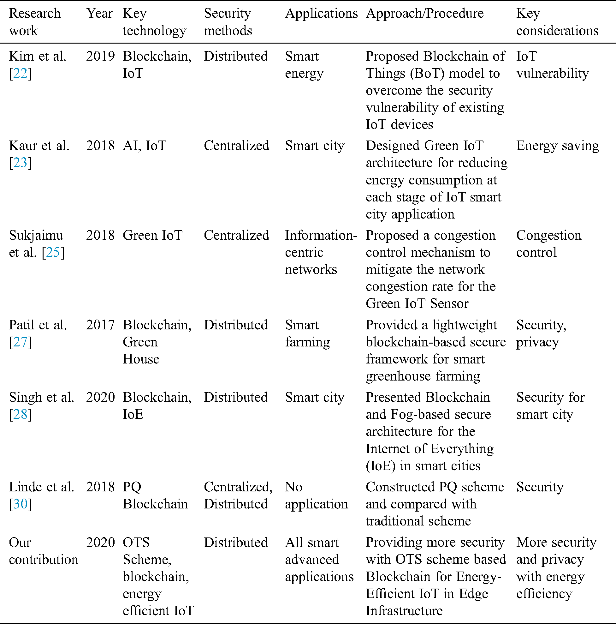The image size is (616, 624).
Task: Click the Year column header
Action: click(99, 14)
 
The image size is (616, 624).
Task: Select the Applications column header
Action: click(321, 14)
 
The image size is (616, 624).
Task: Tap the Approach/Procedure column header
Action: click(424, 14)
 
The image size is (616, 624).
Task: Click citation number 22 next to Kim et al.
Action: click(20, 74)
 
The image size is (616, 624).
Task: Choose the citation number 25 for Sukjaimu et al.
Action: click(53, 253)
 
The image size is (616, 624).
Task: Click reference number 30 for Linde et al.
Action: click(20, 504)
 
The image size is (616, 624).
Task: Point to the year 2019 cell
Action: click(100, 57)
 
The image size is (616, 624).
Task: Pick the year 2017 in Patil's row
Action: click(100, 325)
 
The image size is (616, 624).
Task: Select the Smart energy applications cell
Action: click(304, 65)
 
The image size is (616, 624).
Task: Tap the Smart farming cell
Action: click(307, 333)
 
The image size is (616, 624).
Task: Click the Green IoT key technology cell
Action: click(152, 236)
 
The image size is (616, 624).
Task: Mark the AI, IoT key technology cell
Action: click(144, 146)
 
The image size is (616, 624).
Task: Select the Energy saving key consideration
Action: click(557, 146)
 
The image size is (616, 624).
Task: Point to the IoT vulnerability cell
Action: click(552, 65)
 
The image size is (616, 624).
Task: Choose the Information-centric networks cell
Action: click(320, 252)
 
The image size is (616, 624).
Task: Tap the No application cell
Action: click(316, 495)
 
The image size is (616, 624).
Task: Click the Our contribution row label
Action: click(43, 551)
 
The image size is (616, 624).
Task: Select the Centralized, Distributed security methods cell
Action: click(238, 495)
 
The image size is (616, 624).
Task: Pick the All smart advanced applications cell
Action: click(319, 559)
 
